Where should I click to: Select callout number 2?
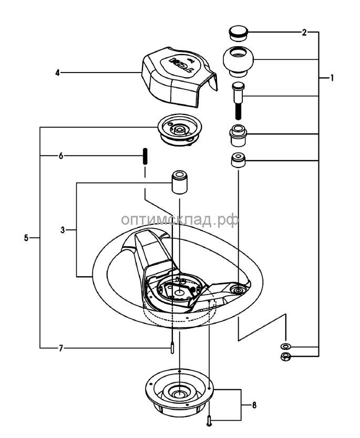tap(304, 33)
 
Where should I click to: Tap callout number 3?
tap(63, 230)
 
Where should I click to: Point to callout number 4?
tap(57, 73)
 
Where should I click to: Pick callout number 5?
tap(27, 238)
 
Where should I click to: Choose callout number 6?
tap(60, 156)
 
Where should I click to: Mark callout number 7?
tap(60, 348)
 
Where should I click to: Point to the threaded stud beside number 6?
tap(143, 156)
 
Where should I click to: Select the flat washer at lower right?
tap(286, 347)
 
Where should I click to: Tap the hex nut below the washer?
tap(286, 357)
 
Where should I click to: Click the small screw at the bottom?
tap(210, 420)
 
